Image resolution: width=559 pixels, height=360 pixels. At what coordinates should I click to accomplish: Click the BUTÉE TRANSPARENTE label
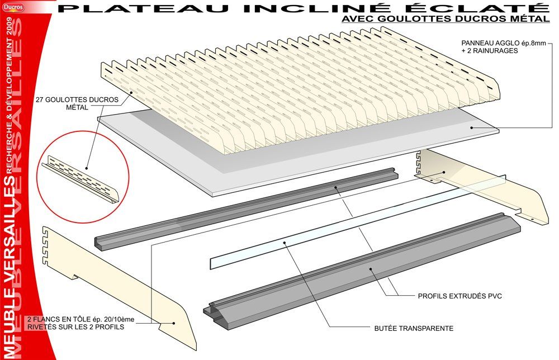pyautogui.click(x=413, y=328)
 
